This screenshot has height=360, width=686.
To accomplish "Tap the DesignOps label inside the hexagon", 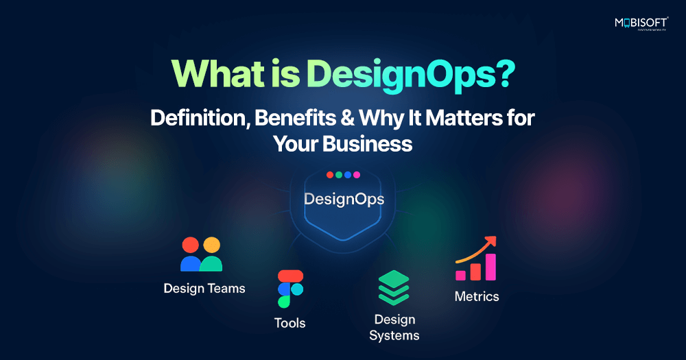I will tap(344, 200).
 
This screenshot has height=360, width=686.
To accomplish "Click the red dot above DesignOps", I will tap(330, 175).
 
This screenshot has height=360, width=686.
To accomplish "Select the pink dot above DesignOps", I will tap(357, 175).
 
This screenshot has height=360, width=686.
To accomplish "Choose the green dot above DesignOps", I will tap(339, 175).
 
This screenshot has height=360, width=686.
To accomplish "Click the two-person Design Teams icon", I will tap(202, 254).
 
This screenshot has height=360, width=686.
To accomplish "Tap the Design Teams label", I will tap(204, 288).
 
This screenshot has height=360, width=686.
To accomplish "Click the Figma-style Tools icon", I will tap(290, 289).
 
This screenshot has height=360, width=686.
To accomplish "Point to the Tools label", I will tap(290, 322).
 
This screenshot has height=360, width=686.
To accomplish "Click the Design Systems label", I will tap(394, 327).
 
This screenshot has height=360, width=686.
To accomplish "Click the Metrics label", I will tap(477, 297).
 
